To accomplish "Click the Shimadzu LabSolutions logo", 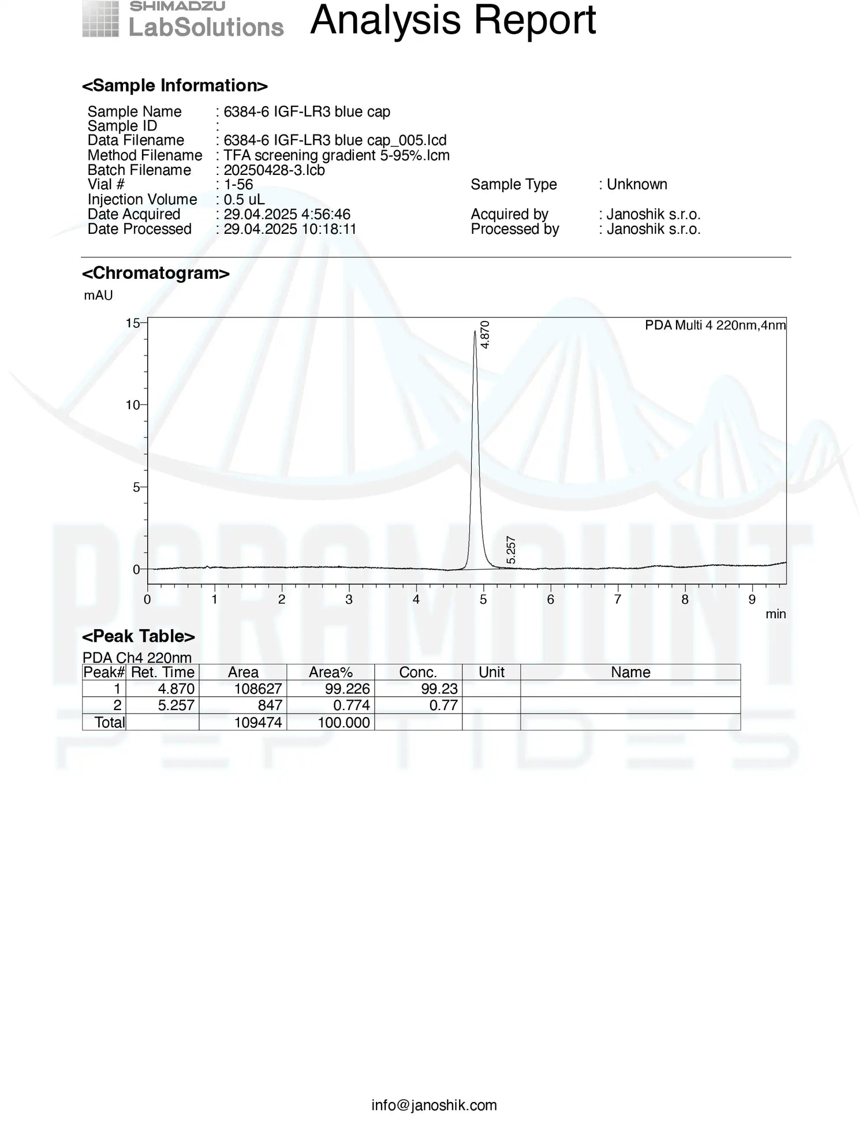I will coord(182,20).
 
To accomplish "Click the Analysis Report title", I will coord(453,21).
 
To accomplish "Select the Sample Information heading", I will coord(174,85).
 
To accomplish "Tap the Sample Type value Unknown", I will coord(637,184).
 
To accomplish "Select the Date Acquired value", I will coord(287,214).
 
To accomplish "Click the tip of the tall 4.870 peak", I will coord(475,332).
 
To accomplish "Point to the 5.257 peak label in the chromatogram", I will coord(510,550).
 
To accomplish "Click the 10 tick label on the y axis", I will coord(133,405).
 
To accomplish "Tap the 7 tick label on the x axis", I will coord(618,600).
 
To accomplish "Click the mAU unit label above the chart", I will coord(98,296).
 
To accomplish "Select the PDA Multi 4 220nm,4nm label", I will coord(715,326).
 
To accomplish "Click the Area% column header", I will coord(330,672).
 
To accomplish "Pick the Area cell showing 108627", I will coord(257,689).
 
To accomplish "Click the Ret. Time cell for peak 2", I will coord(176,705).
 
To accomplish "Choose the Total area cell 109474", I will coord(257,722).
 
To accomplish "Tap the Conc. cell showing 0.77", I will coord(443,705).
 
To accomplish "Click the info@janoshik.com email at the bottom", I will coord(434,1105).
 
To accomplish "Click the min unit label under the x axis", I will coord(775,614).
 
